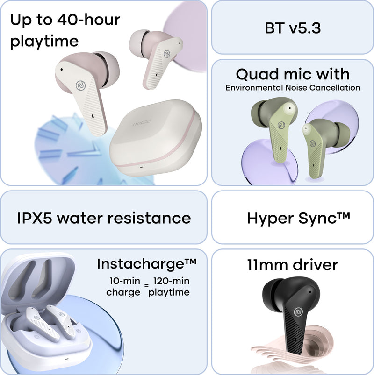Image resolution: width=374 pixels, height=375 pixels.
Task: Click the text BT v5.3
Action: point(293,28)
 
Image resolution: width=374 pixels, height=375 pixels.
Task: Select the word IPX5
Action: point(35,218)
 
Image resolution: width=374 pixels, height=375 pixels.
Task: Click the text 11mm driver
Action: point(293,265)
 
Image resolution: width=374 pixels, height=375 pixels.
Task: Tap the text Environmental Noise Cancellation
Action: point(293,88)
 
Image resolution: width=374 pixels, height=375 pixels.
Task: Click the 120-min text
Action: point(171,281)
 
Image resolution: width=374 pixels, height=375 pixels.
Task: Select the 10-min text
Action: point(125,281)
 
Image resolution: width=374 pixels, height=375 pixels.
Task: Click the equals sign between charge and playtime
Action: point(146,285)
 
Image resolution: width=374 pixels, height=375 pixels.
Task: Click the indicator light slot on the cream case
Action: point(141,167)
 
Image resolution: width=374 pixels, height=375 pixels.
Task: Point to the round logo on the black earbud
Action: point(298,312)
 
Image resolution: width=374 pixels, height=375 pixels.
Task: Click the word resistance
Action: point(149,218)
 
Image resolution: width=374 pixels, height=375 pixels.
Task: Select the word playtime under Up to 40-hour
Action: point(44,42)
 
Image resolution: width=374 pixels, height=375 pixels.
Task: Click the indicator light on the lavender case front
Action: point(66,359)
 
